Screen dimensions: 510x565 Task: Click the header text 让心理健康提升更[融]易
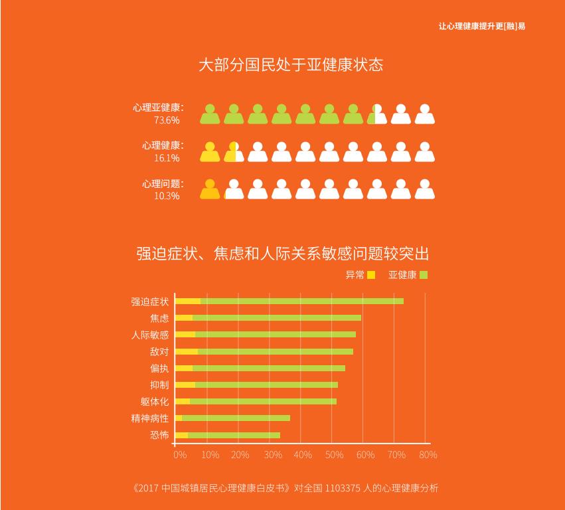(482, 27)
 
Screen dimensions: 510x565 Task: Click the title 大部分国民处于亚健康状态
(291, 65)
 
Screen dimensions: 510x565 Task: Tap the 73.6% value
(167, 120)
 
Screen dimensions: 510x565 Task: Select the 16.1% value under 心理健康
(167, 158)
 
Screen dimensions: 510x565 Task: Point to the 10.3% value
(167, 196)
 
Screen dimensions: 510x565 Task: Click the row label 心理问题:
(163, 183)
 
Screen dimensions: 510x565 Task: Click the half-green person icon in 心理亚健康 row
(376, 114)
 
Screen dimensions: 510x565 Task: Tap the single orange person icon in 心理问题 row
(210, 189)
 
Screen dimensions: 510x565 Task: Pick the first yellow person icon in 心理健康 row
(210, 152)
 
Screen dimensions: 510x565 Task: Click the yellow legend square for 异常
(371, 275)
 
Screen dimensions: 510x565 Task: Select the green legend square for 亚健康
(424, 275)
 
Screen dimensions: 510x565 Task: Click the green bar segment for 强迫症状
(301, 301)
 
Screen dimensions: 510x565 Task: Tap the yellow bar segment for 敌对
(187, 351)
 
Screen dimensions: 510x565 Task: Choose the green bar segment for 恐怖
(234, 436)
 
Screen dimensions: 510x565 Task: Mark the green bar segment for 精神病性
(236, 418)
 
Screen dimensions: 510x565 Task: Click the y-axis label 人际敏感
(150, 335)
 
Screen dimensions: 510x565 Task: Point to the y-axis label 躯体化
(154, 402)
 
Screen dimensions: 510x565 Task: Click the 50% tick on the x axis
(334, 455)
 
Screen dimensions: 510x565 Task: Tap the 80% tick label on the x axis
(428, 455)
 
